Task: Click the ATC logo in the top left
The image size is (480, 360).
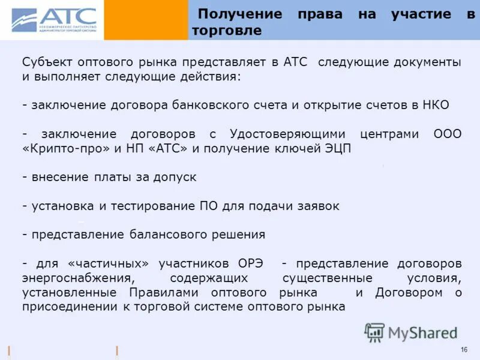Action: click(x=54, y=20)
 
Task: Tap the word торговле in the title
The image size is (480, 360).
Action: click(x=227, y=31)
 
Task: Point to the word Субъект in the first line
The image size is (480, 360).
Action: click(x=45, y=62)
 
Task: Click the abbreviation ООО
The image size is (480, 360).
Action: click(x=447, y=134)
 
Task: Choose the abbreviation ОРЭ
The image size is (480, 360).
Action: click(x=253, y=263)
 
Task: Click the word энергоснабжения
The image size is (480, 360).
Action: click(x=77, y=278)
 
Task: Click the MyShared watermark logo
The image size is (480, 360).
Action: click(x=412, y=332)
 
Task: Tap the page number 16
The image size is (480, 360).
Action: click(x=464, y=350)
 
